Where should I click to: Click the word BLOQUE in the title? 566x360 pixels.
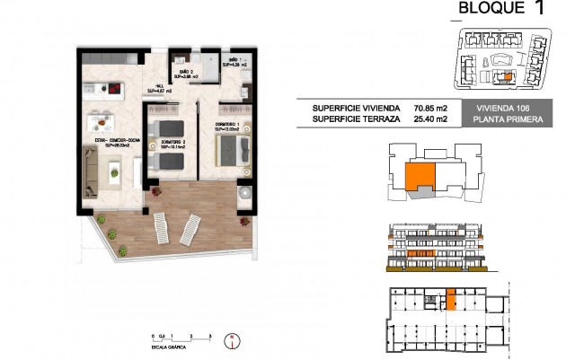(490, 9)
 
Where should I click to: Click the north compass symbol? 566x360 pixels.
(231, 340)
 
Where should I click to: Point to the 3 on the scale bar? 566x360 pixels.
(209, 335)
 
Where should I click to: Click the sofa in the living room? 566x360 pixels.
(91, 171)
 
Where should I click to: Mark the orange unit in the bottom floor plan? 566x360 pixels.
(451, 301)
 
